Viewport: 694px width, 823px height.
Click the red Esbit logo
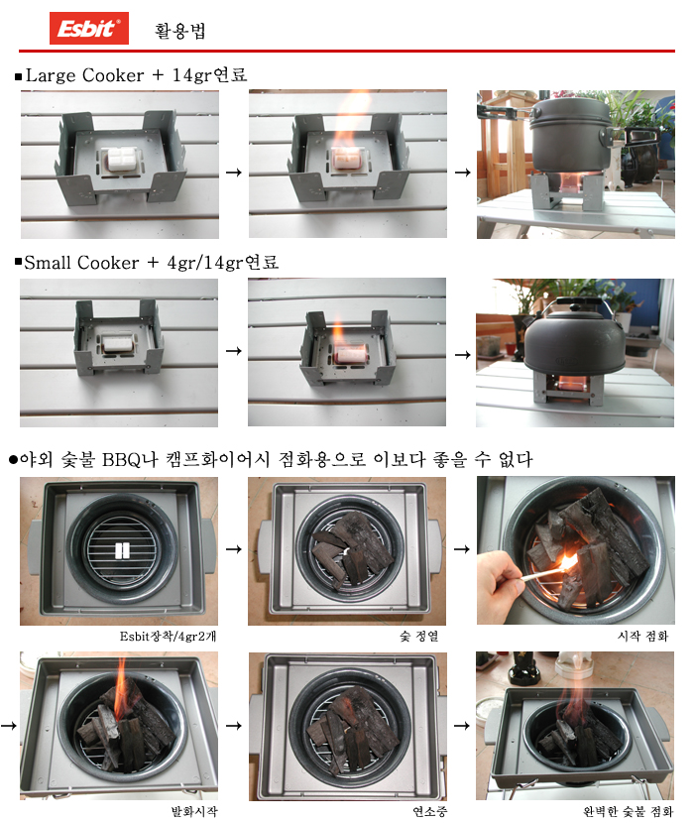tap(88, 29)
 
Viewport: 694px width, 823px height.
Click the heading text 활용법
tap(179, 31)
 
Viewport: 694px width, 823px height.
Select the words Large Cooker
tap(84, 75)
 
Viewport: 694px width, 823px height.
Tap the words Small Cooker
tap(81, 263)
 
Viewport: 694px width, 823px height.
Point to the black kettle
tap(575, 336)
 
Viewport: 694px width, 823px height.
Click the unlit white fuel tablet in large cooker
tap(122, 159)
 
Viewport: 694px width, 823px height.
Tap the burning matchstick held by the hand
tap(545, 571)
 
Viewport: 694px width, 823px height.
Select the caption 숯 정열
tap(418, 637)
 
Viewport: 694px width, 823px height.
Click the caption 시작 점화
tap(642, 637)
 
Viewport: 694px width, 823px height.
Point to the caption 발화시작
tap(194, 812)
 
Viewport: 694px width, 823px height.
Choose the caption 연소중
tap(429, 812)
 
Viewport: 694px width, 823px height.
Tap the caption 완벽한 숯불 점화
tap(628, 812)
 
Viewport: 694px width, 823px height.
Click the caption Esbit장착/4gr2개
tap(168, 637)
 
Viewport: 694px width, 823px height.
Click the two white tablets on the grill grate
tap(122, 550)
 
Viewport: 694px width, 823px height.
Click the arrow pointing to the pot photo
tap(462, 173)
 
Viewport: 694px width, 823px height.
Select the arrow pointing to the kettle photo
tap(462, 355)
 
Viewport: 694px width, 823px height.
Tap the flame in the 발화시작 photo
tap(121, 687)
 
